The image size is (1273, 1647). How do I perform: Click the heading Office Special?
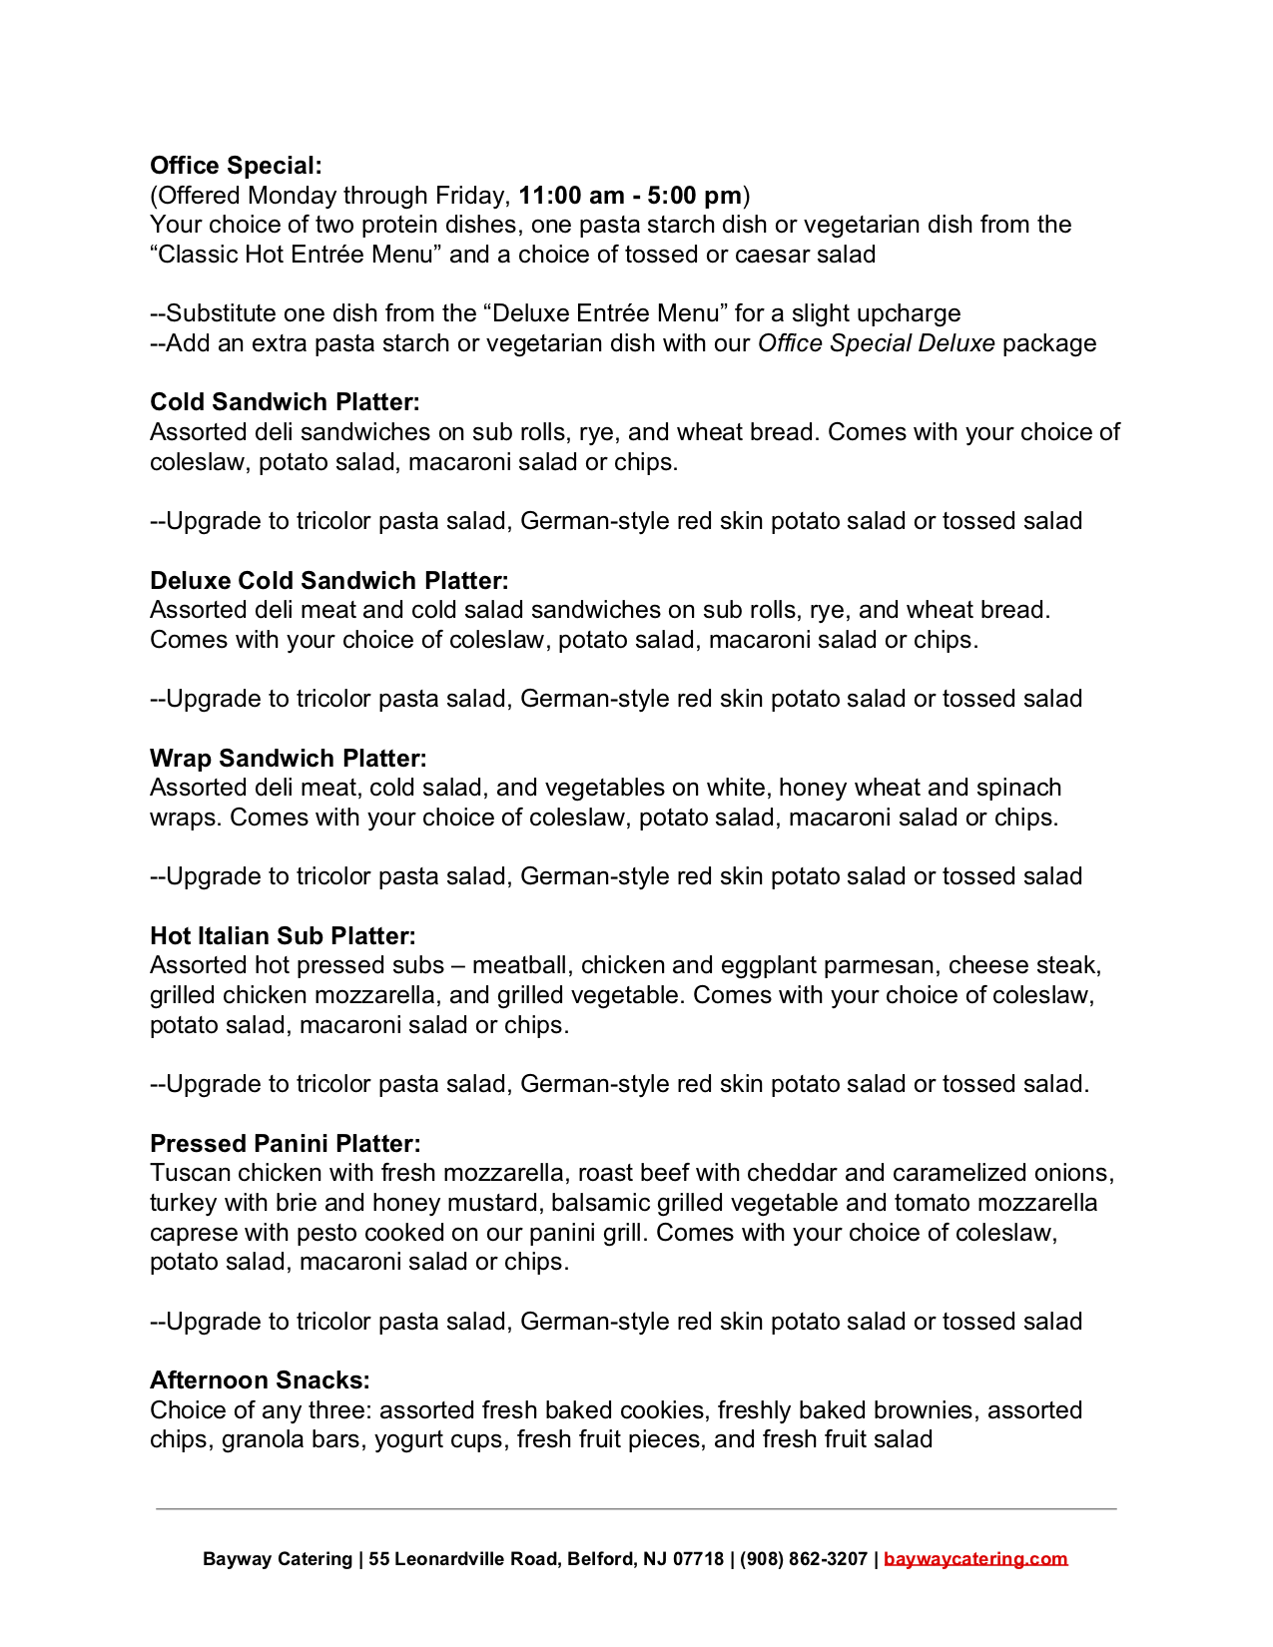click(x=236, y=166)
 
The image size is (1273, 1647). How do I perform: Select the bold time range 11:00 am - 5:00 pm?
click(x=630, y=196)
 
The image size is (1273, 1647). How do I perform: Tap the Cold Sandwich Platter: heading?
click(x=285, y=402)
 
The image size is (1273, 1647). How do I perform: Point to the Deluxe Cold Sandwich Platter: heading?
click(x=329, y=581)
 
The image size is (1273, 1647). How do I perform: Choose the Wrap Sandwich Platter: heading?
click(x=289, y=759)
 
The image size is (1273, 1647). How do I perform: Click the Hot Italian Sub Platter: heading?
click(x=283, y=936)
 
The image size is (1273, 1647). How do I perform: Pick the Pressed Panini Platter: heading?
click(x=286, y=1144)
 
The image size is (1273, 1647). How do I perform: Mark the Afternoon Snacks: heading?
click(x=260, y=1380)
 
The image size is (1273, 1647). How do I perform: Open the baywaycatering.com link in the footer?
click(x=975, y=1559)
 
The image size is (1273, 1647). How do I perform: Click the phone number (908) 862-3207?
click(x=804, y=1559)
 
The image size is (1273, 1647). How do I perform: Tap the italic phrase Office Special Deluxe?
click(x=876, y=343)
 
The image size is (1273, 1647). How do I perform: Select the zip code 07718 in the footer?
click(x=698, y=1559)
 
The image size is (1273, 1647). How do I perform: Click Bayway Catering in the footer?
click(x=278, y=1559)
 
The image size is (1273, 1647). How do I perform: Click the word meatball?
click(x=522, y=966)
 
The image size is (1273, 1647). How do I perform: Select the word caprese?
click(x=194, y=1233)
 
